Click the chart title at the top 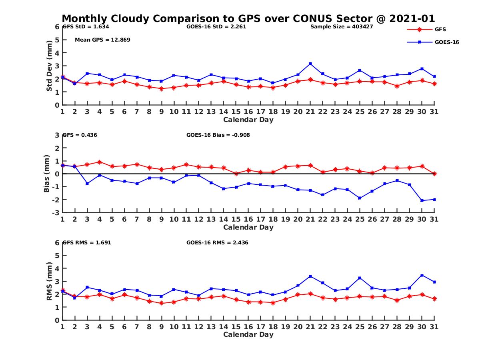[x=248, y=18]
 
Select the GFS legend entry [x=440, y=29]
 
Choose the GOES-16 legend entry [x=446, y=42]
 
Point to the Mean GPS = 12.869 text [x=102, y=40]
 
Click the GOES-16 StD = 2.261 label [x=216, y=27]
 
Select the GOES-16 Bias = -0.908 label [x=218, y=135]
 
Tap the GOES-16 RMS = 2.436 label [x=217, y=242]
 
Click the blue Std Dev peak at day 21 [x=310, y=64]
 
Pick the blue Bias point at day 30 [x=422, y=200]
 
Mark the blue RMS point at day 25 [x=360, y=278]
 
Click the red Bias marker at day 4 [x=100, y=162]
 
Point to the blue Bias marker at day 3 [x=87, y=183]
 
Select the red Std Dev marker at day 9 [x=161, y=89]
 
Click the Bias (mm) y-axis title [x=47, y=174]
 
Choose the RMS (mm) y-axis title [x=49, y=281]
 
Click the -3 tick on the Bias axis [x=56, y=212]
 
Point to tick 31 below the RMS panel [x=434, y=327]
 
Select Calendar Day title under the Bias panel [x=248, y=227]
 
